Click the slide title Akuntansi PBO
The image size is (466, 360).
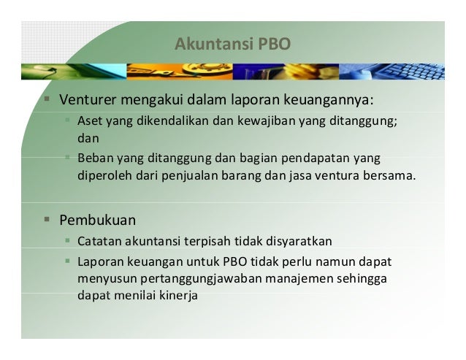[232, 45]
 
